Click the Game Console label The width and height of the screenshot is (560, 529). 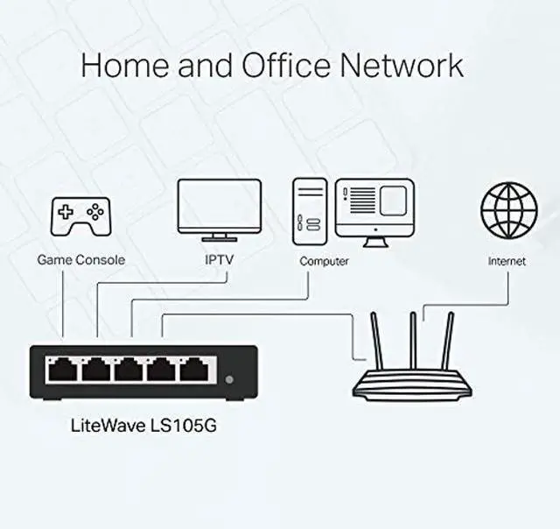80,260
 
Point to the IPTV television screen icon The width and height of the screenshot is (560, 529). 219,208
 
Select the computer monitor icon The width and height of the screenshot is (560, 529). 374,207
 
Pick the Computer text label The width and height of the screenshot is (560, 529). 324,261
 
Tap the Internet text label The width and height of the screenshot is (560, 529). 507,261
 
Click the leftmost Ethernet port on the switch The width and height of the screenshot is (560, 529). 64,370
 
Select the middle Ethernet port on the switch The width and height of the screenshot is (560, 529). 129,370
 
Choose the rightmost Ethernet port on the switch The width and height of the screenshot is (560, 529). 192,370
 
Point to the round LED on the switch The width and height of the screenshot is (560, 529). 229,380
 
